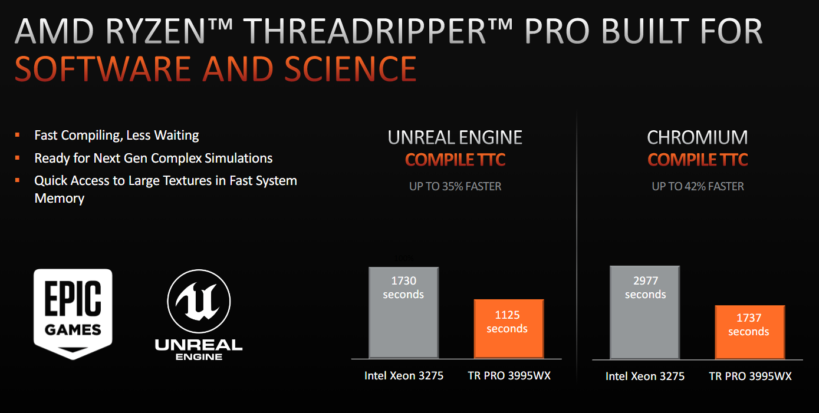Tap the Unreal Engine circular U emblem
point(199,301)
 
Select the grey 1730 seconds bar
point(404,313)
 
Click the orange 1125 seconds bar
point(509,329)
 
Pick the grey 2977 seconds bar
point(645,312)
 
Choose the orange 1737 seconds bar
point(750,332)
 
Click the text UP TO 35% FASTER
point(455,186)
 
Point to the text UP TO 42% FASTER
point(698,186)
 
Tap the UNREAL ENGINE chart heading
point(455,137)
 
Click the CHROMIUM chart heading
point(698,137)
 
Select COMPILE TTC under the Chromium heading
point(698,160)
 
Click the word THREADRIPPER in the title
point(365,31)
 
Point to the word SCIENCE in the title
point(350,69)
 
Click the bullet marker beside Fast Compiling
point(17,135)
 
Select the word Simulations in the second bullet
point(238,158)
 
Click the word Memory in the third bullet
point(59,199)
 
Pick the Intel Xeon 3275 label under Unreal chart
point(404,376)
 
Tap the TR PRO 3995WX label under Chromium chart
point(750,376)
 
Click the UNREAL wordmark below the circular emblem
point(199,345)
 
